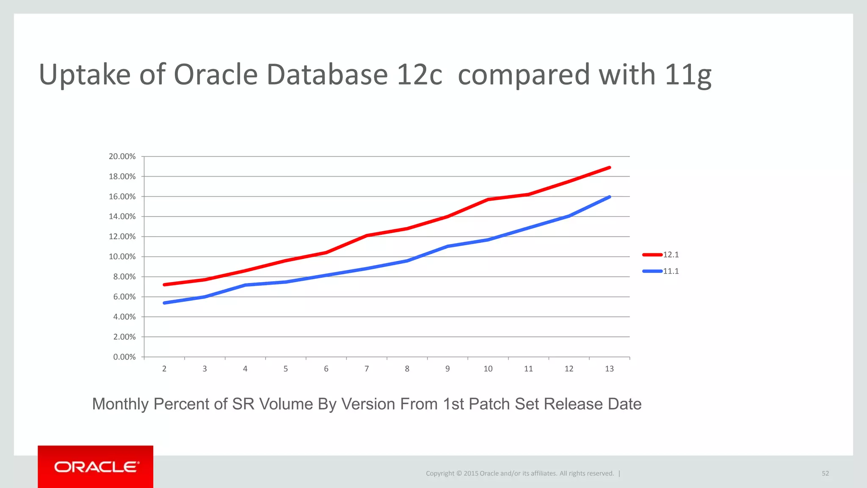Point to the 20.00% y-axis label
(x=122, y=156)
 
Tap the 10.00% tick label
(x=122, y=257)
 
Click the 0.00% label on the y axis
(x=124, y=357)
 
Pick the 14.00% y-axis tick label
(x=122, y=216)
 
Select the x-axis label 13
(x=609, y=369)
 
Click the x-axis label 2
(x=164, y=369)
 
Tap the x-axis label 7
(x=367, y=369)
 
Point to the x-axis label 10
(x=488, y=369)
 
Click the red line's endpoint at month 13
(x=609, y=167)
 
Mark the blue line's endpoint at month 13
(x=609, y=197)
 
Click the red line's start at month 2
(x=164, y=285)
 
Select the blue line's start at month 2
(x=164, y=303)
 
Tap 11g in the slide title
(x=688, y=75)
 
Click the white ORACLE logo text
(x=96, y=467)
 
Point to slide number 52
(x=825, y=473)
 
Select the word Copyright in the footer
(x=440, y=474)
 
